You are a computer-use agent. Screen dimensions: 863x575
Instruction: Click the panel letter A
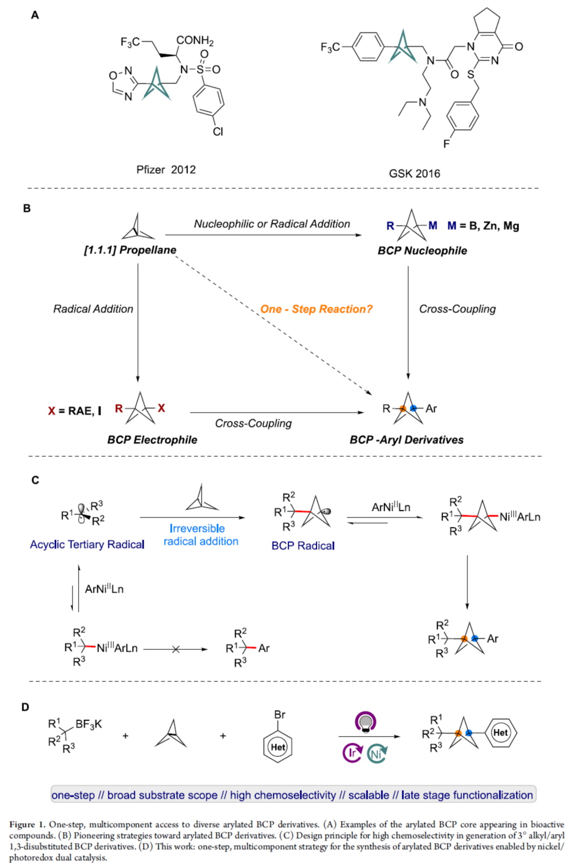point(35,15)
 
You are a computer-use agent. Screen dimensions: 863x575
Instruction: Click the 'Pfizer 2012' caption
point(166,170)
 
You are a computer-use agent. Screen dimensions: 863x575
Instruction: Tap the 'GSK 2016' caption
point(414,173)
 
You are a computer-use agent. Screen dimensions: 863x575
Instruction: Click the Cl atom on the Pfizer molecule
point(218,131)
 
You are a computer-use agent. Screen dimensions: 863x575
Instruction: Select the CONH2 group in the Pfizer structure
point(195,41)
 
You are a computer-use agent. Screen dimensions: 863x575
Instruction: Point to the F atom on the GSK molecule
point(446,144)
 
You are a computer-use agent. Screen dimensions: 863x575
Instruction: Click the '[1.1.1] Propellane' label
point(130,250)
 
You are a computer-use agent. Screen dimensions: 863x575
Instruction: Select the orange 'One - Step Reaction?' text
point(316,309)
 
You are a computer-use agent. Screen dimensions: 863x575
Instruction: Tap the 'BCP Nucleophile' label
point(422,251)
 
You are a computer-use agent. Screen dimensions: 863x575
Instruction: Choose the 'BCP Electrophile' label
point(152,440)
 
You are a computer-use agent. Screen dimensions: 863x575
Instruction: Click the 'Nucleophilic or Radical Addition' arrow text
point(272,224)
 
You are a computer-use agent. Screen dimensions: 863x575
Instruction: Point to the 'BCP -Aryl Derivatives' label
point(406,440)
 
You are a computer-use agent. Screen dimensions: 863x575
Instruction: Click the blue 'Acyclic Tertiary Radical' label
point(87,544)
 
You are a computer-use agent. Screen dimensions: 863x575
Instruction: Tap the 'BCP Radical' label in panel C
point(303,545)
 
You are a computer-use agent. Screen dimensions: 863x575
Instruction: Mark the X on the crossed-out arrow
point(175,649)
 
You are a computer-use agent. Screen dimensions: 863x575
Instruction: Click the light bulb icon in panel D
point(366,722)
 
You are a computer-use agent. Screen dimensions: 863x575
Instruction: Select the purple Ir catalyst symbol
point(352,752)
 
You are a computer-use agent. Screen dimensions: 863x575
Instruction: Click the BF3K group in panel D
point(89,724)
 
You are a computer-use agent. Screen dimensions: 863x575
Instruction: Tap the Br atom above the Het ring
point(279,714)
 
